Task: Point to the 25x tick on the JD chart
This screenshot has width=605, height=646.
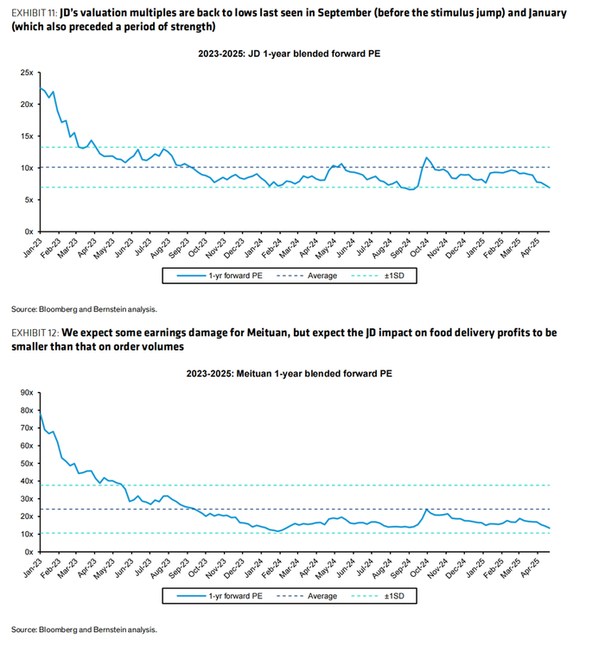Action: click(x=27, y=73)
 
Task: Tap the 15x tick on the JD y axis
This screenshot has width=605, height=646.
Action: click(x=27, y=136)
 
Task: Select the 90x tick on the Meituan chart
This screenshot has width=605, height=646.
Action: click(x=27, y=393)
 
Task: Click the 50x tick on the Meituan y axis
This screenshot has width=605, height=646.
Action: click(x=27, y=464)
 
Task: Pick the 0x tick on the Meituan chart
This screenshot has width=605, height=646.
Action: click(x=29, y=552)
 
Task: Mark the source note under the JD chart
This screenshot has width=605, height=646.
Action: click(x=85, y=308)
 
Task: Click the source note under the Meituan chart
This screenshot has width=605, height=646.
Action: click(x=85, y=629)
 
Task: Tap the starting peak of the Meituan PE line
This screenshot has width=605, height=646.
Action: click(x=41, y=413)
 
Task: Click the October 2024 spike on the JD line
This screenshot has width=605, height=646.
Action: click(x=426, y=157)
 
